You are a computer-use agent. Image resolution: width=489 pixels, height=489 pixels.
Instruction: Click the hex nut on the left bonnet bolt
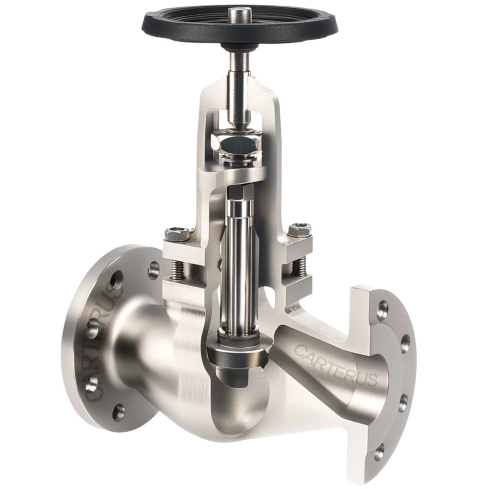click(x=177, y=234)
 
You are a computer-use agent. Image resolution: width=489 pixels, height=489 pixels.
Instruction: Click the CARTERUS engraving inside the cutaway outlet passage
click(x=336, y=364)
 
